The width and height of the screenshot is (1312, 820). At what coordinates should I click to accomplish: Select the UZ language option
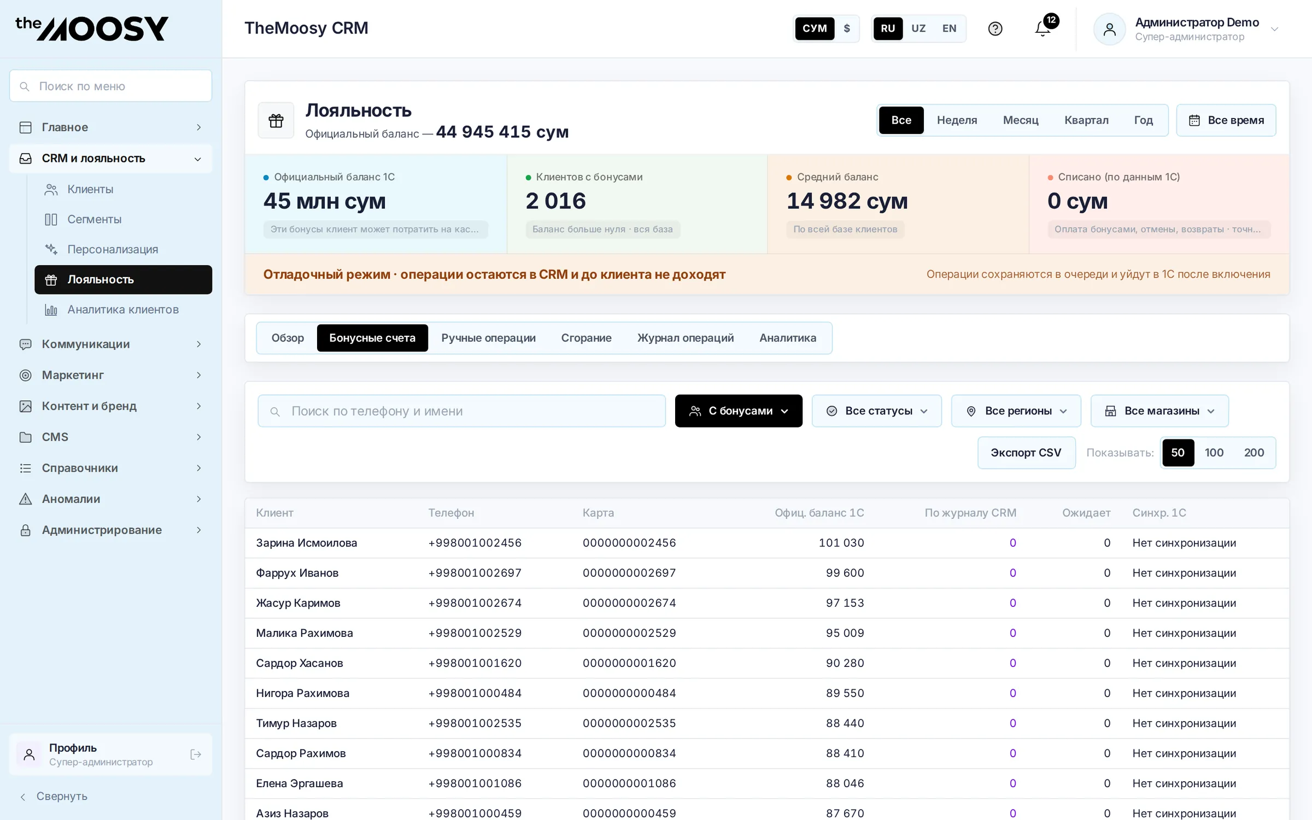pyautogui.click(x=918, y=28)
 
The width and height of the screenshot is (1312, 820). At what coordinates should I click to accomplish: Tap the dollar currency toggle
pyautogui.click(x=847, y=28)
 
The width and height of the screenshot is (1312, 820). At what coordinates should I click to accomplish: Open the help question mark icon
pyautogui.click(x=995, y=28)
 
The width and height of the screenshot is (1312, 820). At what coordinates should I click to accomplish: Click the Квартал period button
pyautogui.click(x=1086, y=120)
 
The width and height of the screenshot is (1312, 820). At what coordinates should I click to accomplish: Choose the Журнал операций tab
pyautogui.click(x=686, y=338)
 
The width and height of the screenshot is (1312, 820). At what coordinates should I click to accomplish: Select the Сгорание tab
pyautogui.click(x=586, y=338)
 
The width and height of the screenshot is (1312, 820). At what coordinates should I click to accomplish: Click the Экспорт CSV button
pyautogui.click(x=1026, y=453)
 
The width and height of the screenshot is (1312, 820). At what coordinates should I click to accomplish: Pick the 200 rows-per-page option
pyautogui.click(x=1254, y=453)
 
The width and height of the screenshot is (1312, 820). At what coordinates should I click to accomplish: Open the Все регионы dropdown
pyautogui.click(x=1016, y=411)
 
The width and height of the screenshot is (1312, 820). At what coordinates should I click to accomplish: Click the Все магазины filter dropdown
pyautogui.click(x=1159, y=411)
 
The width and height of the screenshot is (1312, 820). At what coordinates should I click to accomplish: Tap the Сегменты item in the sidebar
pyautogui.click(x=95, y=219)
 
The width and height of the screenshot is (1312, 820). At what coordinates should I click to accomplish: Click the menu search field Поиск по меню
pyautogui.click(x=111, y=86)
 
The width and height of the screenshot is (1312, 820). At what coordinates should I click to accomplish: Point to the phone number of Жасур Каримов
pyautogui.click(x=475, y=603)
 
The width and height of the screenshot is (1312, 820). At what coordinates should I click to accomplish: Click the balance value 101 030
pyautogui.click(x=841, y=543)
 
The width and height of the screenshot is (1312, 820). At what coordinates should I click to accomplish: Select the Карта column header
pyautogui.click(x=598, y=513)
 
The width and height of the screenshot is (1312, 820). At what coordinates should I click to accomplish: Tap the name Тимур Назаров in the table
pyautogui.click(x=296, y=723)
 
